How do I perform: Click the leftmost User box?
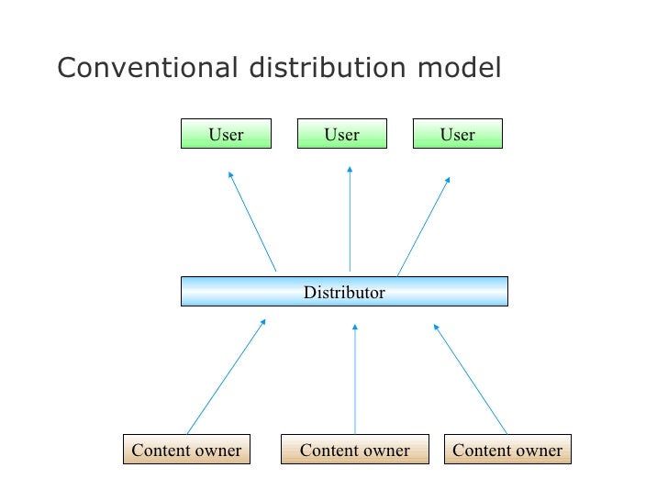coord(226,135)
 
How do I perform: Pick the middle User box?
coord(342,135)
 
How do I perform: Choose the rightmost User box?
coord(458,135)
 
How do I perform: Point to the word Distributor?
coord(344,293)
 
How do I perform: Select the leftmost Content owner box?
coord(186,450)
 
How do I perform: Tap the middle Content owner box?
coord(355,450)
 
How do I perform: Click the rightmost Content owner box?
coord(507,450)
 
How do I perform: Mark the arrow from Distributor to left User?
coord(252,220)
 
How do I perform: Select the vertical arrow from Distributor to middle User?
coord(350,220)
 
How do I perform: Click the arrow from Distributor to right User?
coord(423,225)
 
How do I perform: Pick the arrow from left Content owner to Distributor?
coord(226,376)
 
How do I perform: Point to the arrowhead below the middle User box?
coord(350,171)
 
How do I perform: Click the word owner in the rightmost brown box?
coord(538,451)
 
